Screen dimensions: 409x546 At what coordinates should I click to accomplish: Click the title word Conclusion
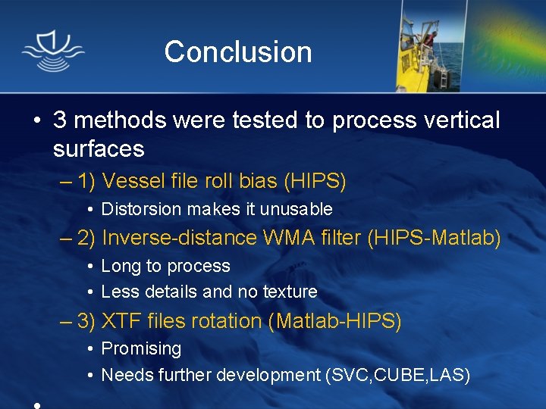click(x=237, y=52)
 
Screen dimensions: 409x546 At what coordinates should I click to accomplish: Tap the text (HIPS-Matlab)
click(x=434, y=238)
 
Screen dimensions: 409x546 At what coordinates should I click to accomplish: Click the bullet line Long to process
click(x=165, y=266)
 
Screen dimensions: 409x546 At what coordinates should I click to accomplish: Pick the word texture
click(x=290, y=292)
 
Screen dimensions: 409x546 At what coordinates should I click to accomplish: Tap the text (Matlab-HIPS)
click(x=334, y=321)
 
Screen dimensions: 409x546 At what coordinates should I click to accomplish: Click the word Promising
click(x=141, y=349)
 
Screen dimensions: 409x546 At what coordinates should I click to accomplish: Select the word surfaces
click(x=99, y=148)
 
